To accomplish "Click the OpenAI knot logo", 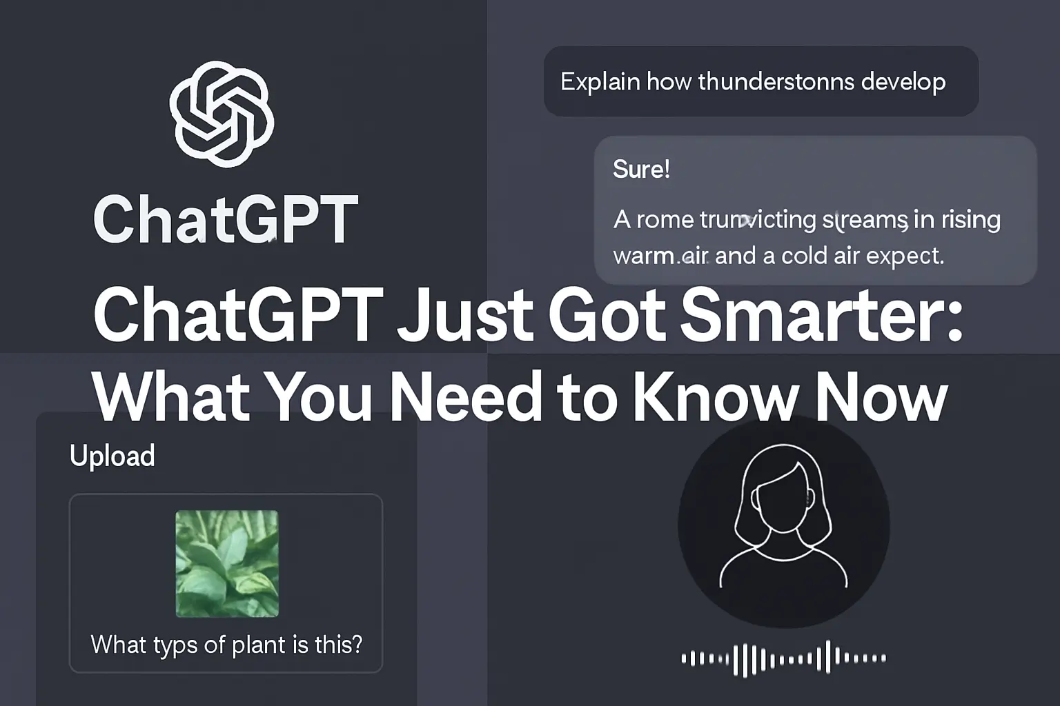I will [222, 114].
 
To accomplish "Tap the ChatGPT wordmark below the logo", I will [226, 219].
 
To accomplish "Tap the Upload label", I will [112, 456].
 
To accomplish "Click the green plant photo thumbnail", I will [227, 563].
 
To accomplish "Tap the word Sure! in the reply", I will [641, 170].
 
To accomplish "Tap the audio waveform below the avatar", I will [783, 658].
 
